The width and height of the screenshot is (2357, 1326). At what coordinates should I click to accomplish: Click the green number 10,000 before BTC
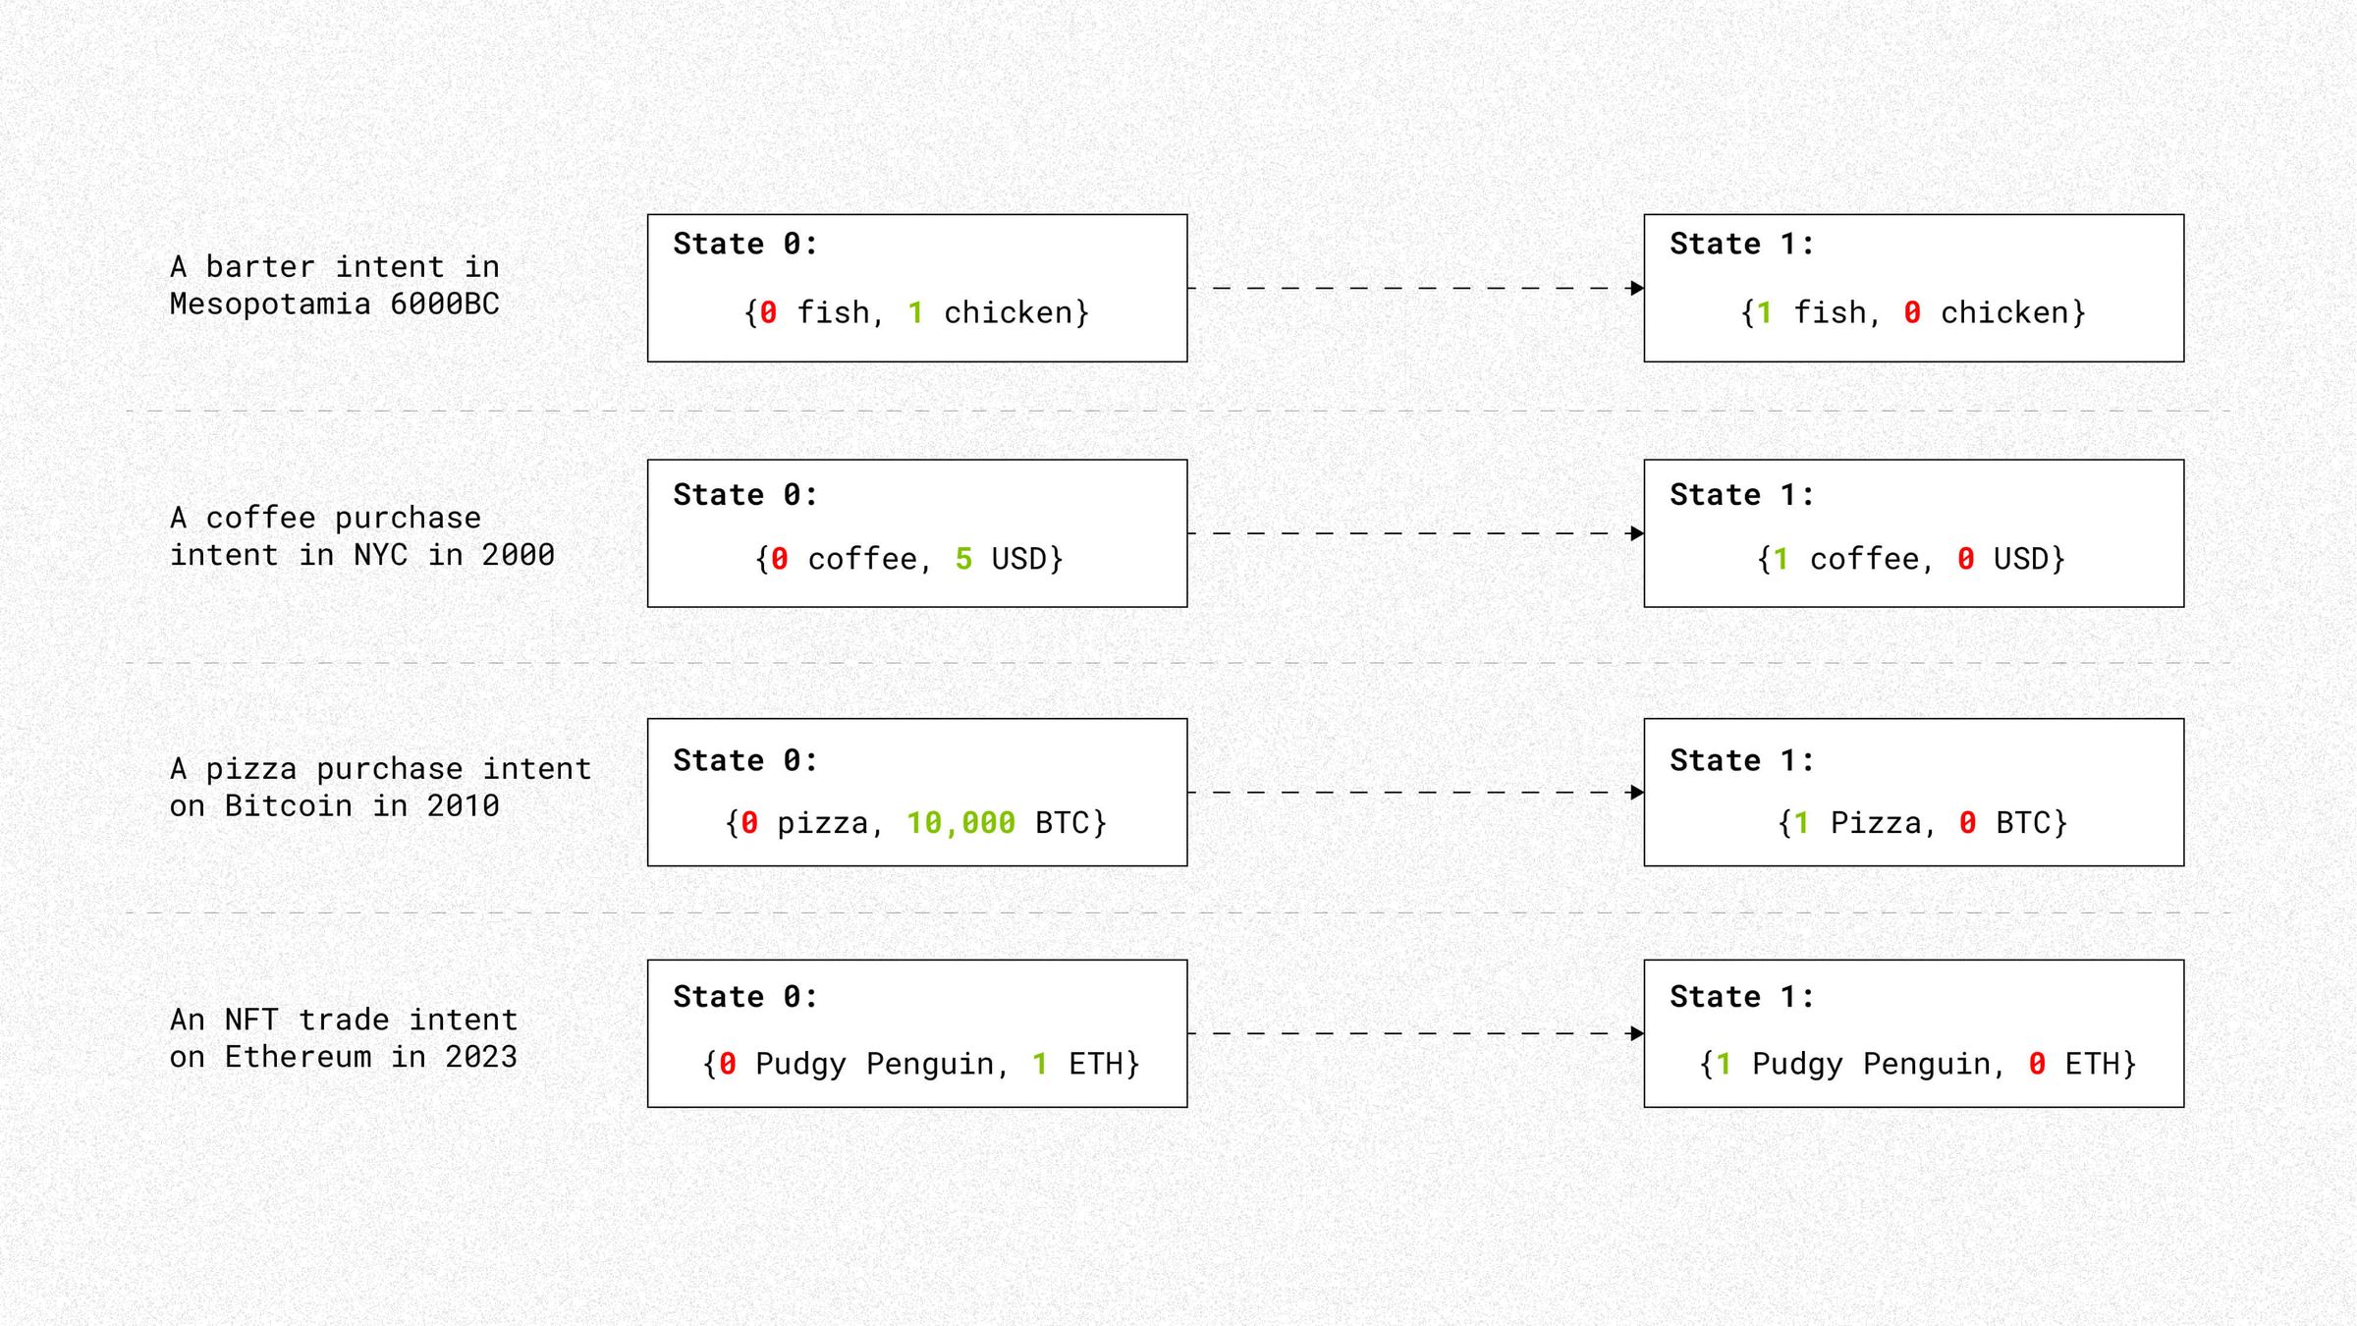(959, 823)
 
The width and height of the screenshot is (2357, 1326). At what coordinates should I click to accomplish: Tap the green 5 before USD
(962, 559)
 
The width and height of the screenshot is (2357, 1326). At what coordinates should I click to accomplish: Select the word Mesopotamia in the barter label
(270, 304)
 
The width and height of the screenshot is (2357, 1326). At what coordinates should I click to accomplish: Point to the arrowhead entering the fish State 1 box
(1636, 288)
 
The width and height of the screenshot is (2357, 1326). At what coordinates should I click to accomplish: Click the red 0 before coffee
(779, 559)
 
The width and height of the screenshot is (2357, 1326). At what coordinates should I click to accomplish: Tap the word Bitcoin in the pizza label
(288, 806)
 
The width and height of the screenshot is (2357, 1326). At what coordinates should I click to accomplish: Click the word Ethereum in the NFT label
(298, 1057)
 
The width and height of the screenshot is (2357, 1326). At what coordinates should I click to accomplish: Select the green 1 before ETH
(1039, 1064)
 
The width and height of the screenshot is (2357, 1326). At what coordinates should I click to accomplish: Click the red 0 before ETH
(2037, 1064)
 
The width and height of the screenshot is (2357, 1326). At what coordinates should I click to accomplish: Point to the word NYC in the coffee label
(380, 556)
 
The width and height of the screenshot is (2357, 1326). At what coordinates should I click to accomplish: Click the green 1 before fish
(1764, 313)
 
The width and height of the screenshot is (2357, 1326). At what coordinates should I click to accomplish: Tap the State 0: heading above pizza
(744, 761)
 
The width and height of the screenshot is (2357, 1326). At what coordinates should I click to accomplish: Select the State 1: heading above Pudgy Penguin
(1741, 997)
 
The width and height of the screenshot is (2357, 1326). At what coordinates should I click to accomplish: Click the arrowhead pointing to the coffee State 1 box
(1636, 533)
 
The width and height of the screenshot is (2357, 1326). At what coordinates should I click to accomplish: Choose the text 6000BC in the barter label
(445, 304)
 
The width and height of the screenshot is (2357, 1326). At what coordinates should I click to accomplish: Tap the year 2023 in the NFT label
(480, 1057)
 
